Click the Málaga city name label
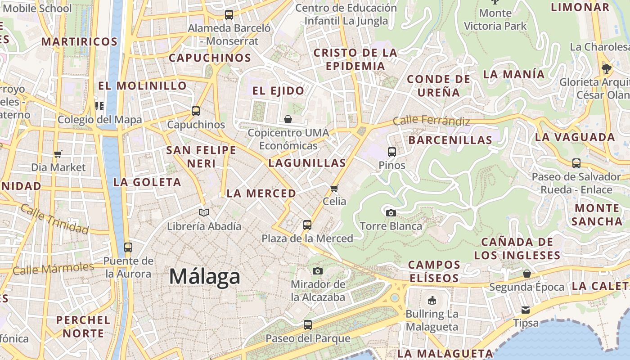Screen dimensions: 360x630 (205, 276)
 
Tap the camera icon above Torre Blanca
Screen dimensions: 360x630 (391, 213)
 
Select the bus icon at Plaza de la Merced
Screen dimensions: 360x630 (307, 225)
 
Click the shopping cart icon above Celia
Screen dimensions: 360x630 (334, 188)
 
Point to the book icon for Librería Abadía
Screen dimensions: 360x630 (204, 212)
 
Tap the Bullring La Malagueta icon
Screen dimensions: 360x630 (432, 300)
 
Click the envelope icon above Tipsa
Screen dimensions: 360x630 (526, 310)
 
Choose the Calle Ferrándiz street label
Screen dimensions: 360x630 (431, 121)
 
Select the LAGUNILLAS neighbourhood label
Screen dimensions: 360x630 (307, 163)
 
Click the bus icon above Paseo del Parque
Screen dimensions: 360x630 (308, 324)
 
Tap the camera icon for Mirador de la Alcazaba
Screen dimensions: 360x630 (318, 271)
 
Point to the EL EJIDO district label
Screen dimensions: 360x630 (278, 91)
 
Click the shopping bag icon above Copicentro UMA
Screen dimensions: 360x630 (288, 119)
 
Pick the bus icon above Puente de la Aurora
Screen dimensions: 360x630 (128, 247)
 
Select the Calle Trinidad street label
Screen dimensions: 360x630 (54, 219)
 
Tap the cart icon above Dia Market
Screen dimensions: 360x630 (58, 154)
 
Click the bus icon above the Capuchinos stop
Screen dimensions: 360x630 (196, 111)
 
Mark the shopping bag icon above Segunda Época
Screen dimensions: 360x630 (526, 274)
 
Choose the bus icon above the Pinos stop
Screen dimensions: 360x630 (392, 152)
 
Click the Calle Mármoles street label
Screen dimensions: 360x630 (53, 269)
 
